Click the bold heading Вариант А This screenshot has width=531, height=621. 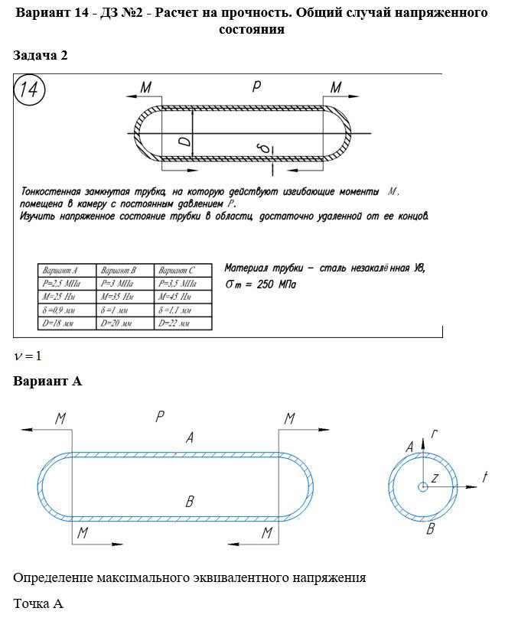47,381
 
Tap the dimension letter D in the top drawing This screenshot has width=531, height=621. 184,140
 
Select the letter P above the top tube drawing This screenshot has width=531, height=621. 256,86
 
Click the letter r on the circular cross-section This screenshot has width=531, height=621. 434,434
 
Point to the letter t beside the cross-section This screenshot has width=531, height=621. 484,477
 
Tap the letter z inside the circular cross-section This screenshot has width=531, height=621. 433,478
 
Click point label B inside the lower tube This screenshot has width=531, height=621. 190,502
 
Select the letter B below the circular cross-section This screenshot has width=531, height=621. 431,528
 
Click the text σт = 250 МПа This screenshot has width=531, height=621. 264,284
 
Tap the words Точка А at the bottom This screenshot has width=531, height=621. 37,603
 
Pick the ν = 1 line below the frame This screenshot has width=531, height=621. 27,356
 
